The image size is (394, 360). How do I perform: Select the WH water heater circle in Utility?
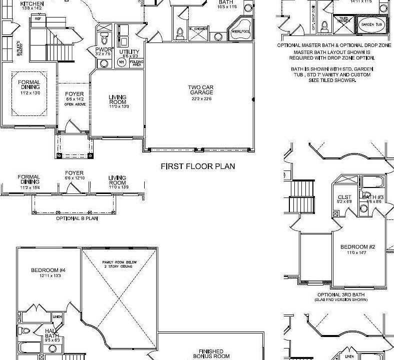click(121, 62)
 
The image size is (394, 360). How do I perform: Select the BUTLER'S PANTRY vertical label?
click(18, 49)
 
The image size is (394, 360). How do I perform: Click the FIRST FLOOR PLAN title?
click(198, 166)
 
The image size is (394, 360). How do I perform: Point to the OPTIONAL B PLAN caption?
click(77, 218)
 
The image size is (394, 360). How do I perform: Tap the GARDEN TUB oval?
click(372, 24)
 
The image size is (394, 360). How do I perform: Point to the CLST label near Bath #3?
click(344, 197)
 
